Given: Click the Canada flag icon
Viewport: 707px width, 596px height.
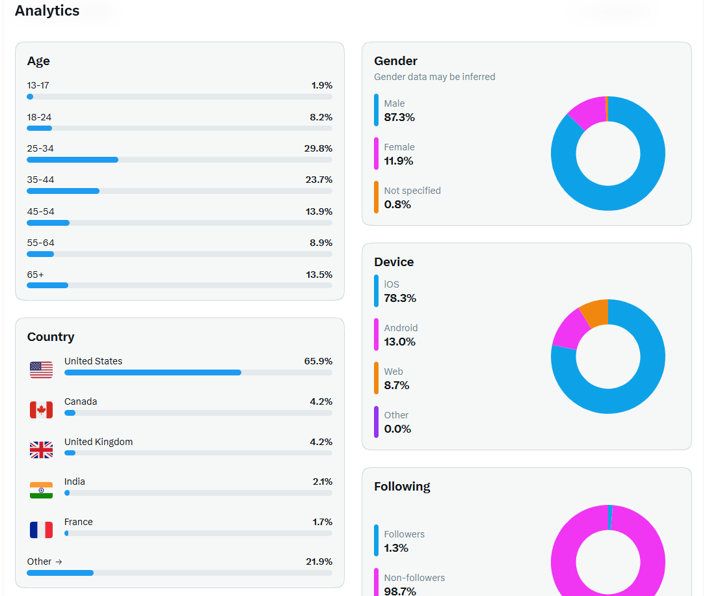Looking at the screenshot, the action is point(41,410).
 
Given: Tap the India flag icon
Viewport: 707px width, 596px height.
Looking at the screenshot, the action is point(41,490).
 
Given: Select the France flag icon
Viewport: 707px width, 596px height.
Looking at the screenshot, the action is point(41,530).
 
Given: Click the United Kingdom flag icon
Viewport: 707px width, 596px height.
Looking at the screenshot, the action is point(41,450).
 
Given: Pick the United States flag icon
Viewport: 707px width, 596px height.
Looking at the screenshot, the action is point(41,370).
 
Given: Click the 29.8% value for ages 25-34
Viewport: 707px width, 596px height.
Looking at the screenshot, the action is point(318,148).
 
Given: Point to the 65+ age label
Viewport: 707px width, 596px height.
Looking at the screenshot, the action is point(35,275).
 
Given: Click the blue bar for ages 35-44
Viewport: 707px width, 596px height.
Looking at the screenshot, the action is point(63,191).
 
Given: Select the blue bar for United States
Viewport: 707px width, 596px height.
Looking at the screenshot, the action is point(153,373).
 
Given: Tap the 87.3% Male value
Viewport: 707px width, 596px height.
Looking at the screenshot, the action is point(399,117).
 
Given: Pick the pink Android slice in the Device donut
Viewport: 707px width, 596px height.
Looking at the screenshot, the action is point(570,329).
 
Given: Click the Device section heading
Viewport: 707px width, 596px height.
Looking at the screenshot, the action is point(394,262).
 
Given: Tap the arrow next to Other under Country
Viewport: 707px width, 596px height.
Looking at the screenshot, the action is point(59,562).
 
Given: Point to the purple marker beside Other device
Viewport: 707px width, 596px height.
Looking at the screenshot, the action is point(376,422).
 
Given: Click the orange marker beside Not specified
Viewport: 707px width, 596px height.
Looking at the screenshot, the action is point(376,197).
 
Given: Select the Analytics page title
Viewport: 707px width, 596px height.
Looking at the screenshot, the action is point(47,11).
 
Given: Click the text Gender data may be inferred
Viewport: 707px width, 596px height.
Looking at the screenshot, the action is point(434,77).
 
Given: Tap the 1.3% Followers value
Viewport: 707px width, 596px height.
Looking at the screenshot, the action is point(396,548).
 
